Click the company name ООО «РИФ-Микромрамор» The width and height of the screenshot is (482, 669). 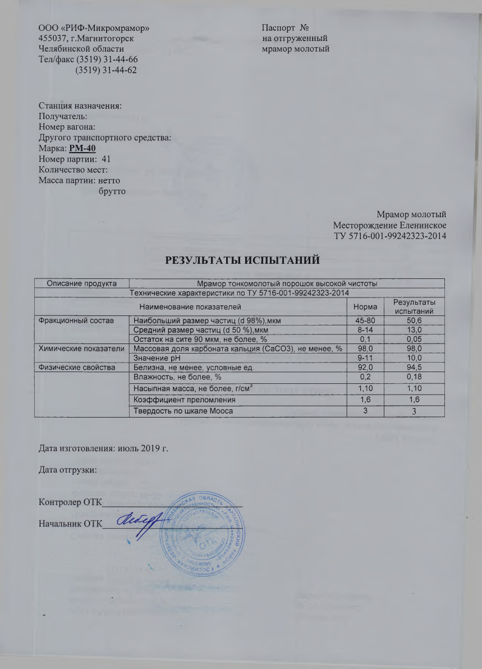point(94,28)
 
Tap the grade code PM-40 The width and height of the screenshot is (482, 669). point(82,148)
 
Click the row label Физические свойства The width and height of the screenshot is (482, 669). point(75,368)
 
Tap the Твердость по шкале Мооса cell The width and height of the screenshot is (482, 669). point(181,411)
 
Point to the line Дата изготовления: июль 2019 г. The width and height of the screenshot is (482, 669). point(103,448)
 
